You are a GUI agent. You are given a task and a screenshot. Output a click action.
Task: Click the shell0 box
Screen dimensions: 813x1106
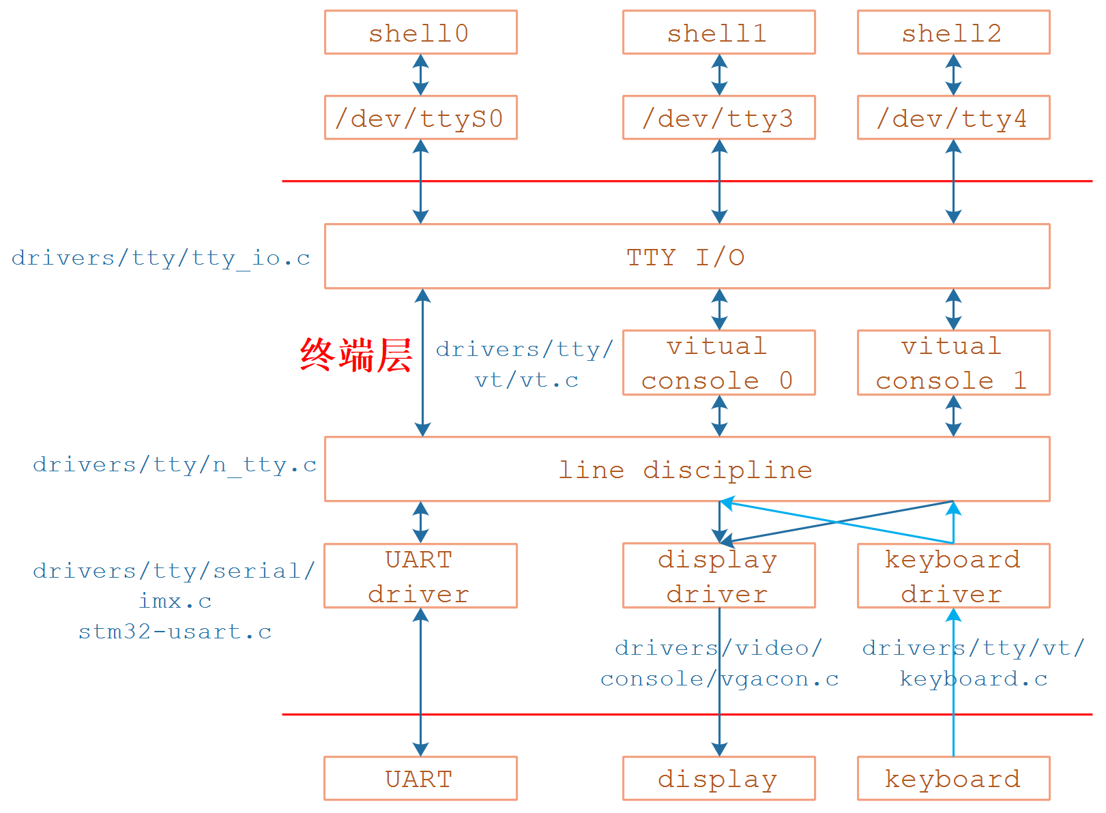[420, 33]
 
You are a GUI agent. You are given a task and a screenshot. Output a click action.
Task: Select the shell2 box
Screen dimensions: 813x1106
[953, 33]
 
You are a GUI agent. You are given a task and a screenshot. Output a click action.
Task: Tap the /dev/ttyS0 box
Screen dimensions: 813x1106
[420, 118]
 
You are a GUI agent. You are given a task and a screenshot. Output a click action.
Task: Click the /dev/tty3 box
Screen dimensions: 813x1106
[718, 118]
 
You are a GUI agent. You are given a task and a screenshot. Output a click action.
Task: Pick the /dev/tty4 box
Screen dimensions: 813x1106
[953, 118]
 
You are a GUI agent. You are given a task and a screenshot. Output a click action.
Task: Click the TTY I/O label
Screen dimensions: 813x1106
[686, 257]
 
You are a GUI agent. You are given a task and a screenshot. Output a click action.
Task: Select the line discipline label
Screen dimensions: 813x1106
[686, 470]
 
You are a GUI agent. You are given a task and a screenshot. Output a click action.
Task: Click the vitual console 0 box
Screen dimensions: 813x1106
[718, 363]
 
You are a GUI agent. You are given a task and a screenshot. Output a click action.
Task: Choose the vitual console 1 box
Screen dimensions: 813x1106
[953, 363]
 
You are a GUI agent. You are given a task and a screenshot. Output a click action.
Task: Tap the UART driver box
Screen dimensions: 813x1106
[420, 576]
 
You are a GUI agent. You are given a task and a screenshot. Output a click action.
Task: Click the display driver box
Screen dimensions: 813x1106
[718, 576]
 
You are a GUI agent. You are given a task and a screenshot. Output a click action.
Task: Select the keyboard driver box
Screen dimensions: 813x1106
[953, 576]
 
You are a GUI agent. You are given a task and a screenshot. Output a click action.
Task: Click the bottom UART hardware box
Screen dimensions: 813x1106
[420, 778]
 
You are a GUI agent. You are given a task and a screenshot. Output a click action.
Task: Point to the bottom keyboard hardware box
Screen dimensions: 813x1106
[953, 778]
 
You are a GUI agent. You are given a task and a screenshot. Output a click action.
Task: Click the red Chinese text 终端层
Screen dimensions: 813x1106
[356, 355]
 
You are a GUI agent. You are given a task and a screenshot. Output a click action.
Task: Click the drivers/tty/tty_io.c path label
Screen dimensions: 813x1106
[161, 258]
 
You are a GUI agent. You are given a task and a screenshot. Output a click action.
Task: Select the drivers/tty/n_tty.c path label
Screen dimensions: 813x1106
[175, 465]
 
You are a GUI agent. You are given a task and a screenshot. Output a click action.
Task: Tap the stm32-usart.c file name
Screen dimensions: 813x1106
[175, 632]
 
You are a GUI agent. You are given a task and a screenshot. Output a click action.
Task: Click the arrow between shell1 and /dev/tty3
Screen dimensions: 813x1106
[719, 75]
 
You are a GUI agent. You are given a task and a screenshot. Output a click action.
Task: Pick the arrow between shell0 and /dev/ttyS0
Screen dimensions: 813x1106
[421, 75]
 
